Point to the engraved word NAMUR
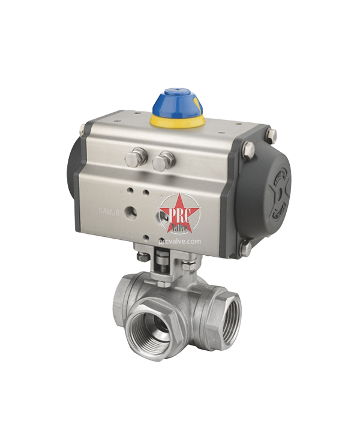tap(109, 212)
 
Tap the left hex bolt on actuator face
tap(134, 160)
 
